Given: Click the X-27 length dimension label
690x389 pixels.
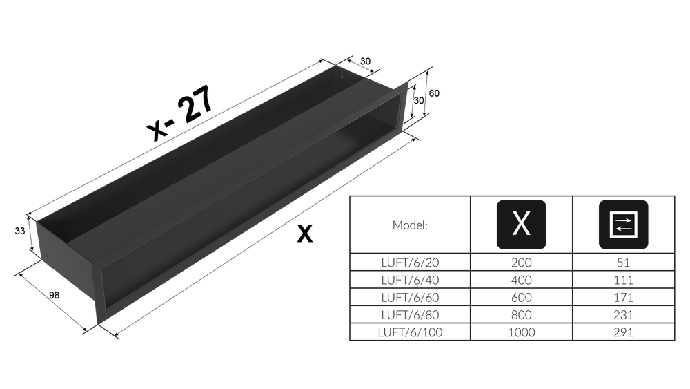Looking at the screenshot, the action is click(181, 113).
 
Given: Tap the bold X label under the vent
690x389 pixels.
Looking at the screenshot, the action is click(304, 234).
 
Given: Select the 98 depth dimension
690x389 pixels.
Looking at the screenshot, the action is click(54, 295).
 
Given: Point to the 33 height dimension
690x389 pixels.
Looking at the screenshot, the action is click(20, 231).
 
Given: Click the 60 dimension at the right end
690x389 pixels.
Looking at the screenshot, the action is click(434, 93).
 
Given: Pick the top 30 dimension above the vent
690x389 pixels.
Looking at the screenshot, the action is click(365, 61).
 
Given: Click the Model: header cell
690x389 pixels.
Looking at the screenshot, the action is click(410, 225).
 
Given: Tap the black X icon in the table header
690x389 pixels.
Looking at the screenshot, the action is click(522, 225).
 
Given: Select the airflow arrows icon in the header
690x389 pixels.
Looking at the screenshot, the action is click(624, 225).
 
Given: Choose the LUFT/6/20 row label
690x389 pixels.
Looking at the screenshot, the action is click(410, 263).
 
